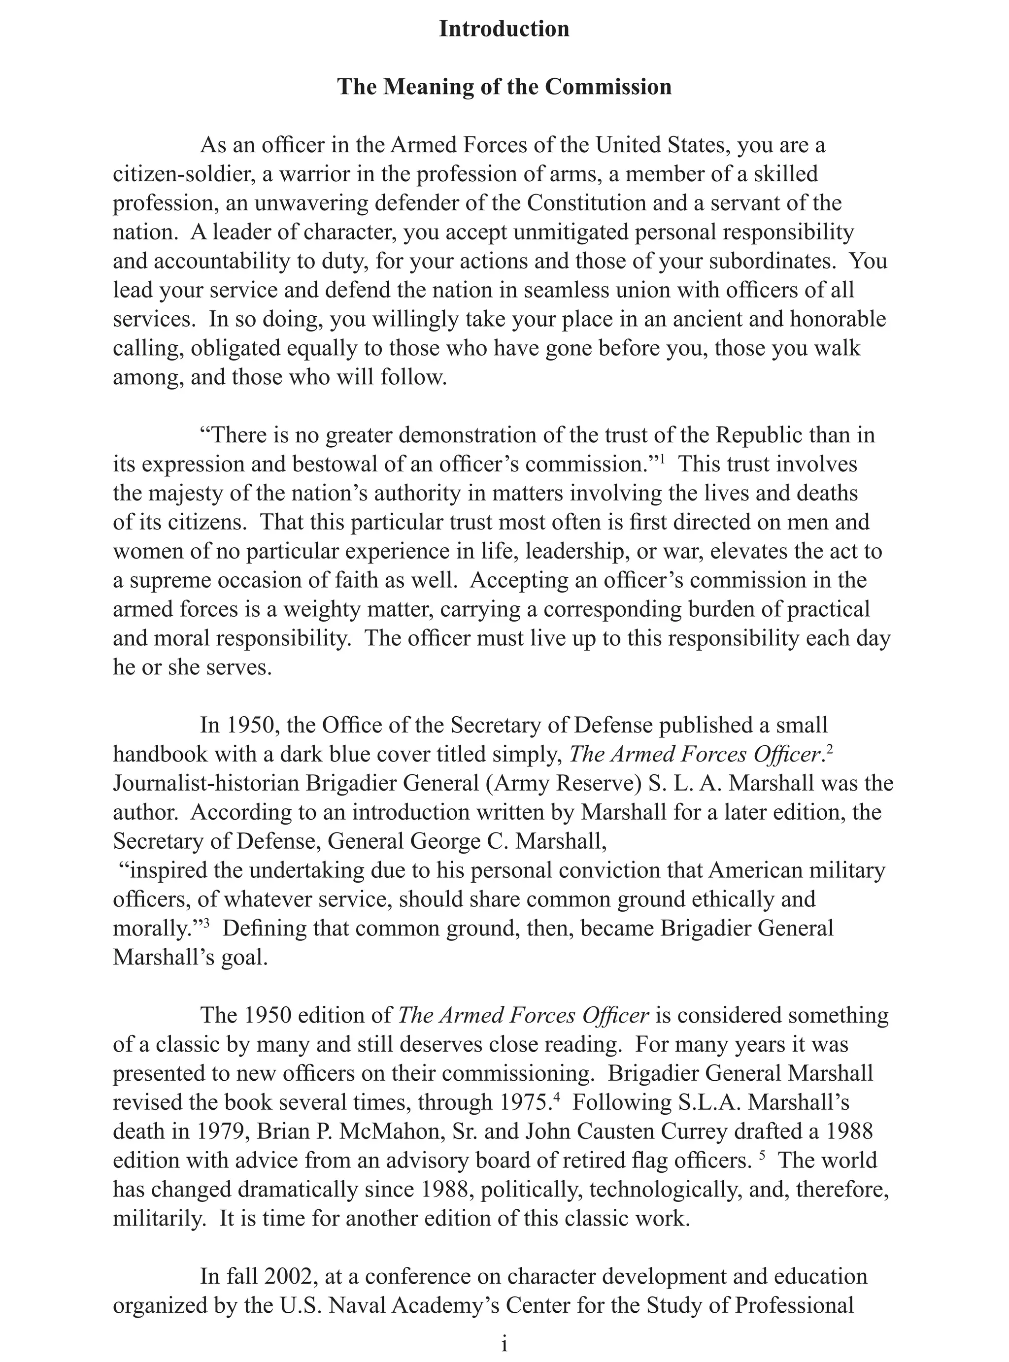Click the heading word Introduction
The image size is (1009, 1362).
(504, 29)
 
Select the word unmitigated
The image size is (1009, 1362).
(558, 233)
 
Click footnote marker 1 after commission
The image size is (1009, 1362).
(663, 459)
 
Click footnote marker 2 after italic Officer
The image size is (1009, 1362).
(830, 748)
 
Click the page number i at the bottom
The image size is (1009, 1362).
(504, 1344)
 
